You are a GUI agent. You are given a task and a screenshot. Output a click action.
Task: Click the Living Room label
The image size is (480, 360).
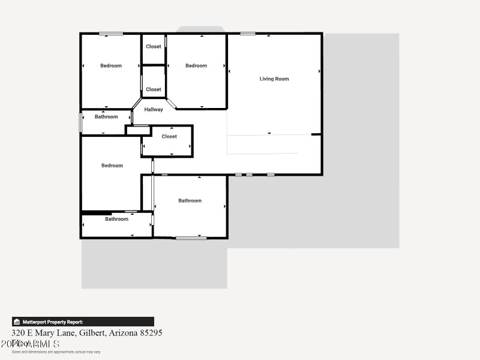coord(274,79)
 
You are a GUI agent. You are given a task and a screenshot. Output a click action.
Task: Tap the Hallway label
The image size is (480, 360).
coord(154,110)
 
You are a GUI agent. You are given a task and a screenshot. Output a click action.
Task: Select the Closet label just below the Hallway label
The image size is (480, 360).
coord(169,137)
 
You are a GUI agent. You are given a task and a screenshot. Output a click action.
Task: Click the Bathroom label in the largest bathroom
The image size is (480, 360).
coord(190,201)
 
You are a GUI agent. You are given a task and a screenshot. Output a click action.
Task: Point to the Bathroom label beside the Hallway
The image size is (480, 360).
coord(106,117)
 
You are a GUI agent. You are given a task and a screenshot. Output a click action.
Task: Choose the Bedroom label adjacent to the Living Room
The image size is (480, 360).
coord(196,66)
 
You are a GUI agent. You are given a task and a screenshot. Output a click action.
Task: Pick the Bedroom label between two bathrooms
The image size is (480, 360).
coord(112,166)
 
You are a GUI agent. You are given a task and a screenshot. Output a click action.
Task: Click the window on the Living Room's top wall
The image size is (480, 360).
coord(248,34)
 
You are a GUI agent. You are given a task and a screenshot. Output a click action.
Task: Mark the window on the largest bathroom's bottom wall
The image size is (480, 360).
coord(191,238)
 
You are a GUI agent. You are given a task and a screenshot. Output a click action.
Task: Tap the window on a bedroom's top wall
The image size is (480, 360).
coord(111,34)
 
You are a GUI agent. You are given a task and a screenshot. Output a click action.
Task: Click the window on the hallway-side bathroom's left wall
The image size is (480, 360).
coord(81,122)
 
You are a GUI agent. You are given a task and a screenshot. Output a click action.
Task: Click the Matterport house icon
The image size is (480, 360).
coord(17,322)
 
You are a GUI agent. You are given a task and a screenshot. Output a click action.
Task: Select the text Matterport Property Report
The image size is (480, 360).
coord(53,322)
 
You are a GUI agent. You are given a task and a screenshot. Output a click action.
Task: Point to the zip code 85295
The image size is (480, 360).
coord(150,332)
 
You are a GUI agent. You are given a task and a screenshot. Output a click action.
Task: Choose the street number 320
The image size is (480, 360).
coord(18,332)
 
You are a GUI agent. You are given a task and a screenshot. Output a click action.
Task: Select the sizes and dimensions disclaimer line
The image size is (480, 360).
coord(56,352)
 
